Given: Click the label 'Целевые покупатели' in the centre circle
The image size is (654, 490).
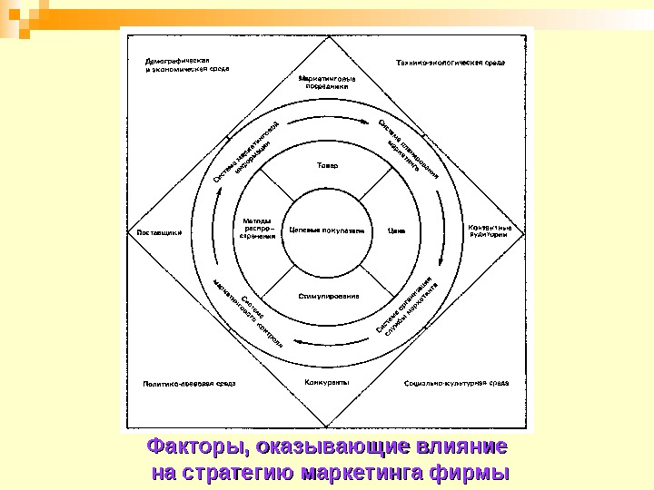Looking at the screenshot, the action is [326, 230].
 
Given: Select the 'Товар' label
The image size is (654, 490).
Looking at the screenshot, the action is [326, 166].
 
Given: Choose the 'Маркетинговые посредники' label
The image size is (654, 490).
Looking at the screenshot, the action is [326, 83].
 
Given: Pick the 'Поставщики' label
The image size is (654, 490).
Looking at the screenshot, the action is [160, 231].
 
